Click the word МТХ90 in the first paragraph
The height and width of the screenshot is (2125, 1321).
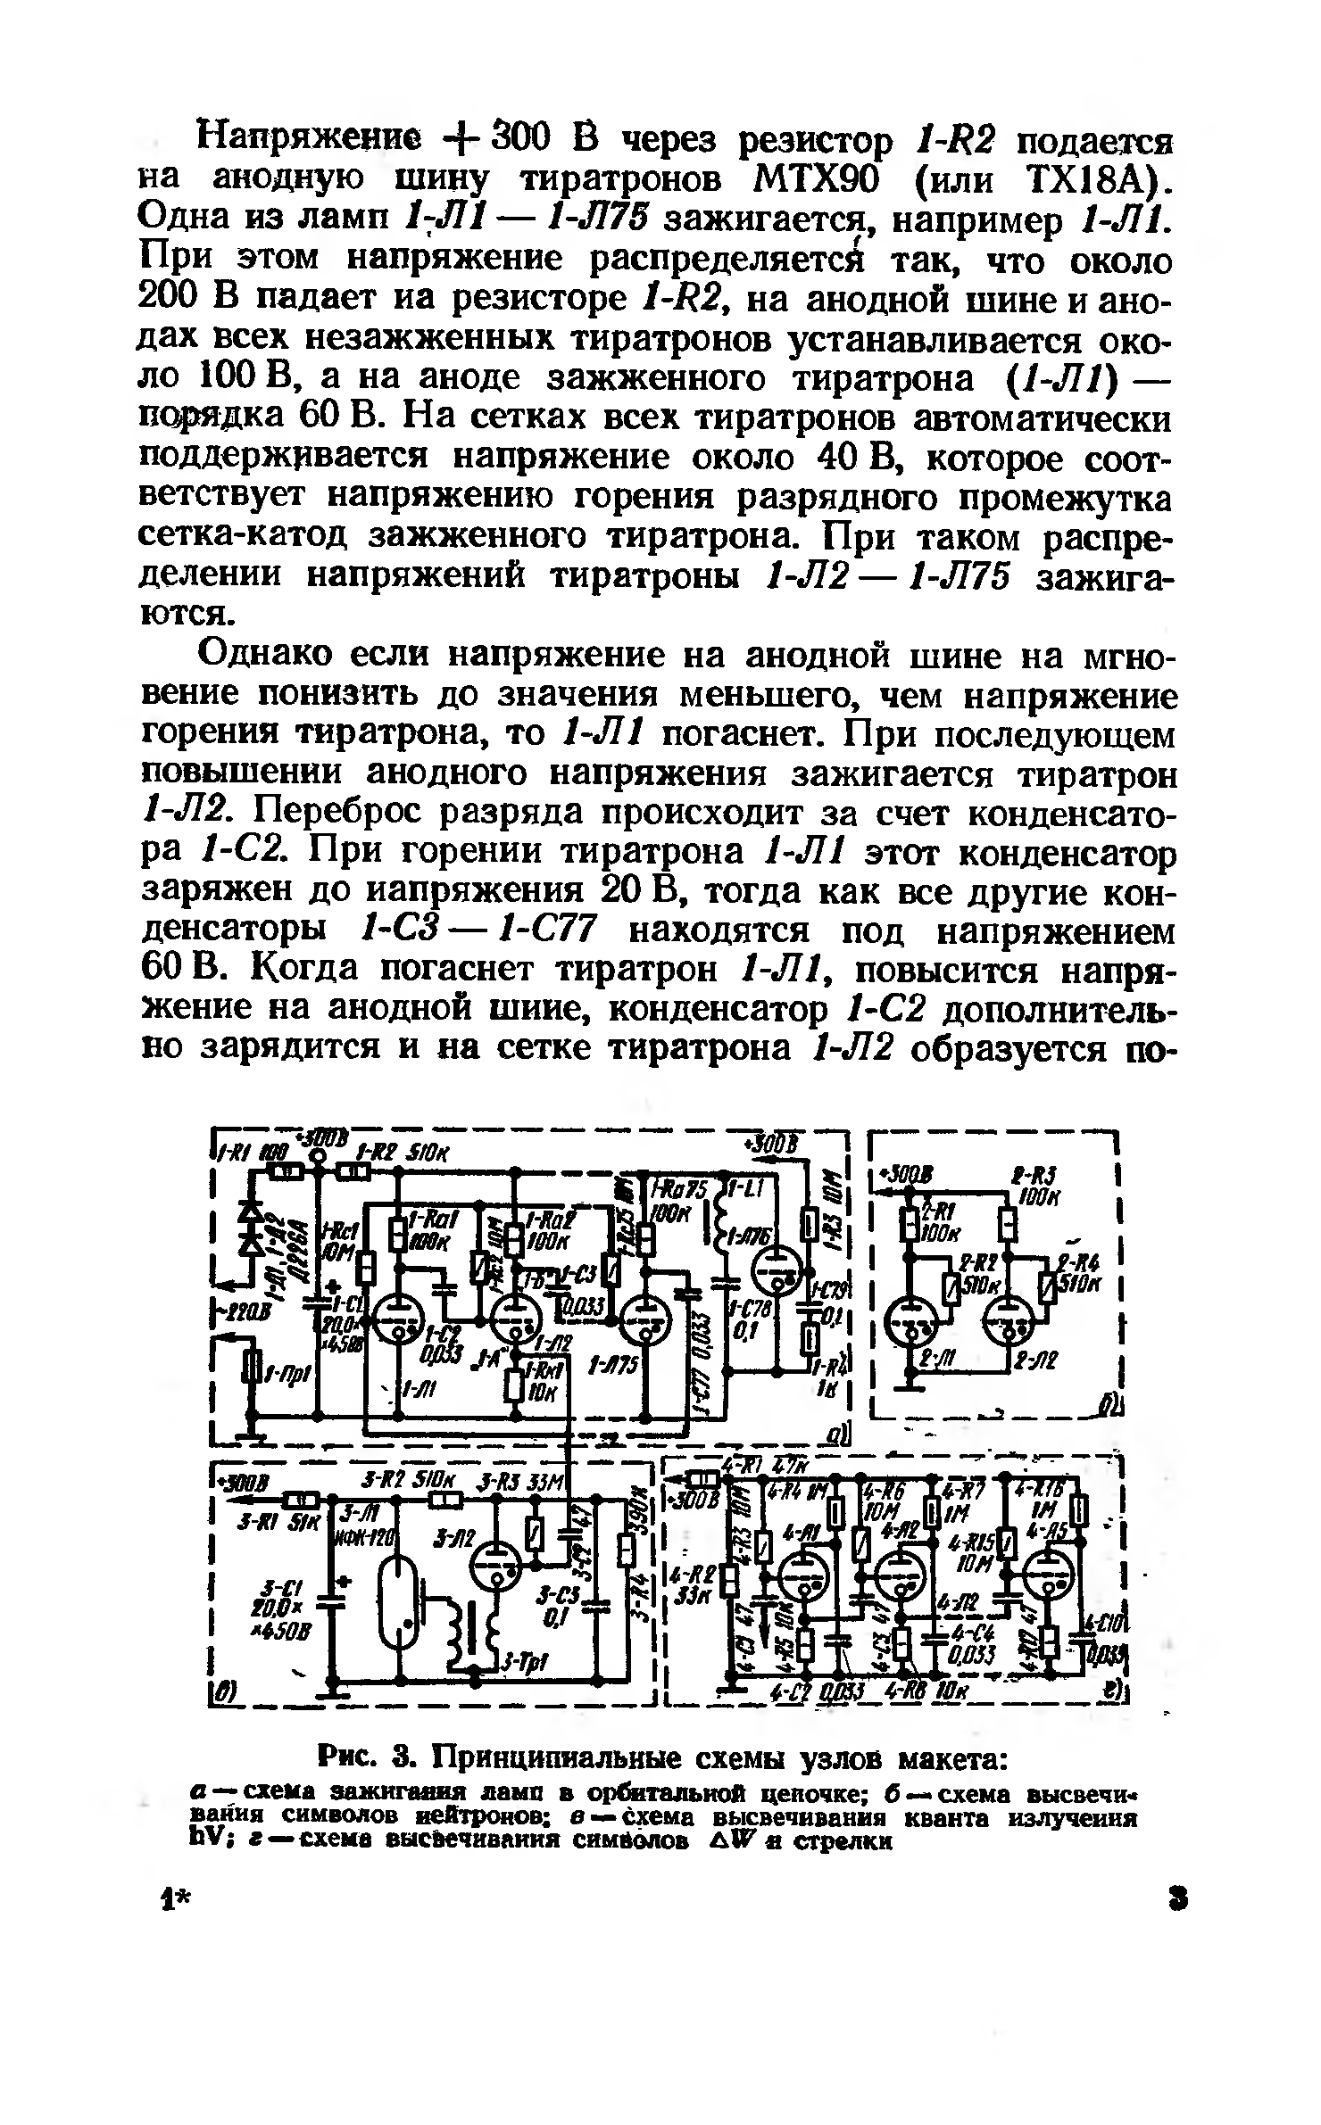point(813,180)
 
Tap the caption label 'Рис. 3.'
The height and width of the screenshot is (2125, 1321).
point(366,1760)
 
